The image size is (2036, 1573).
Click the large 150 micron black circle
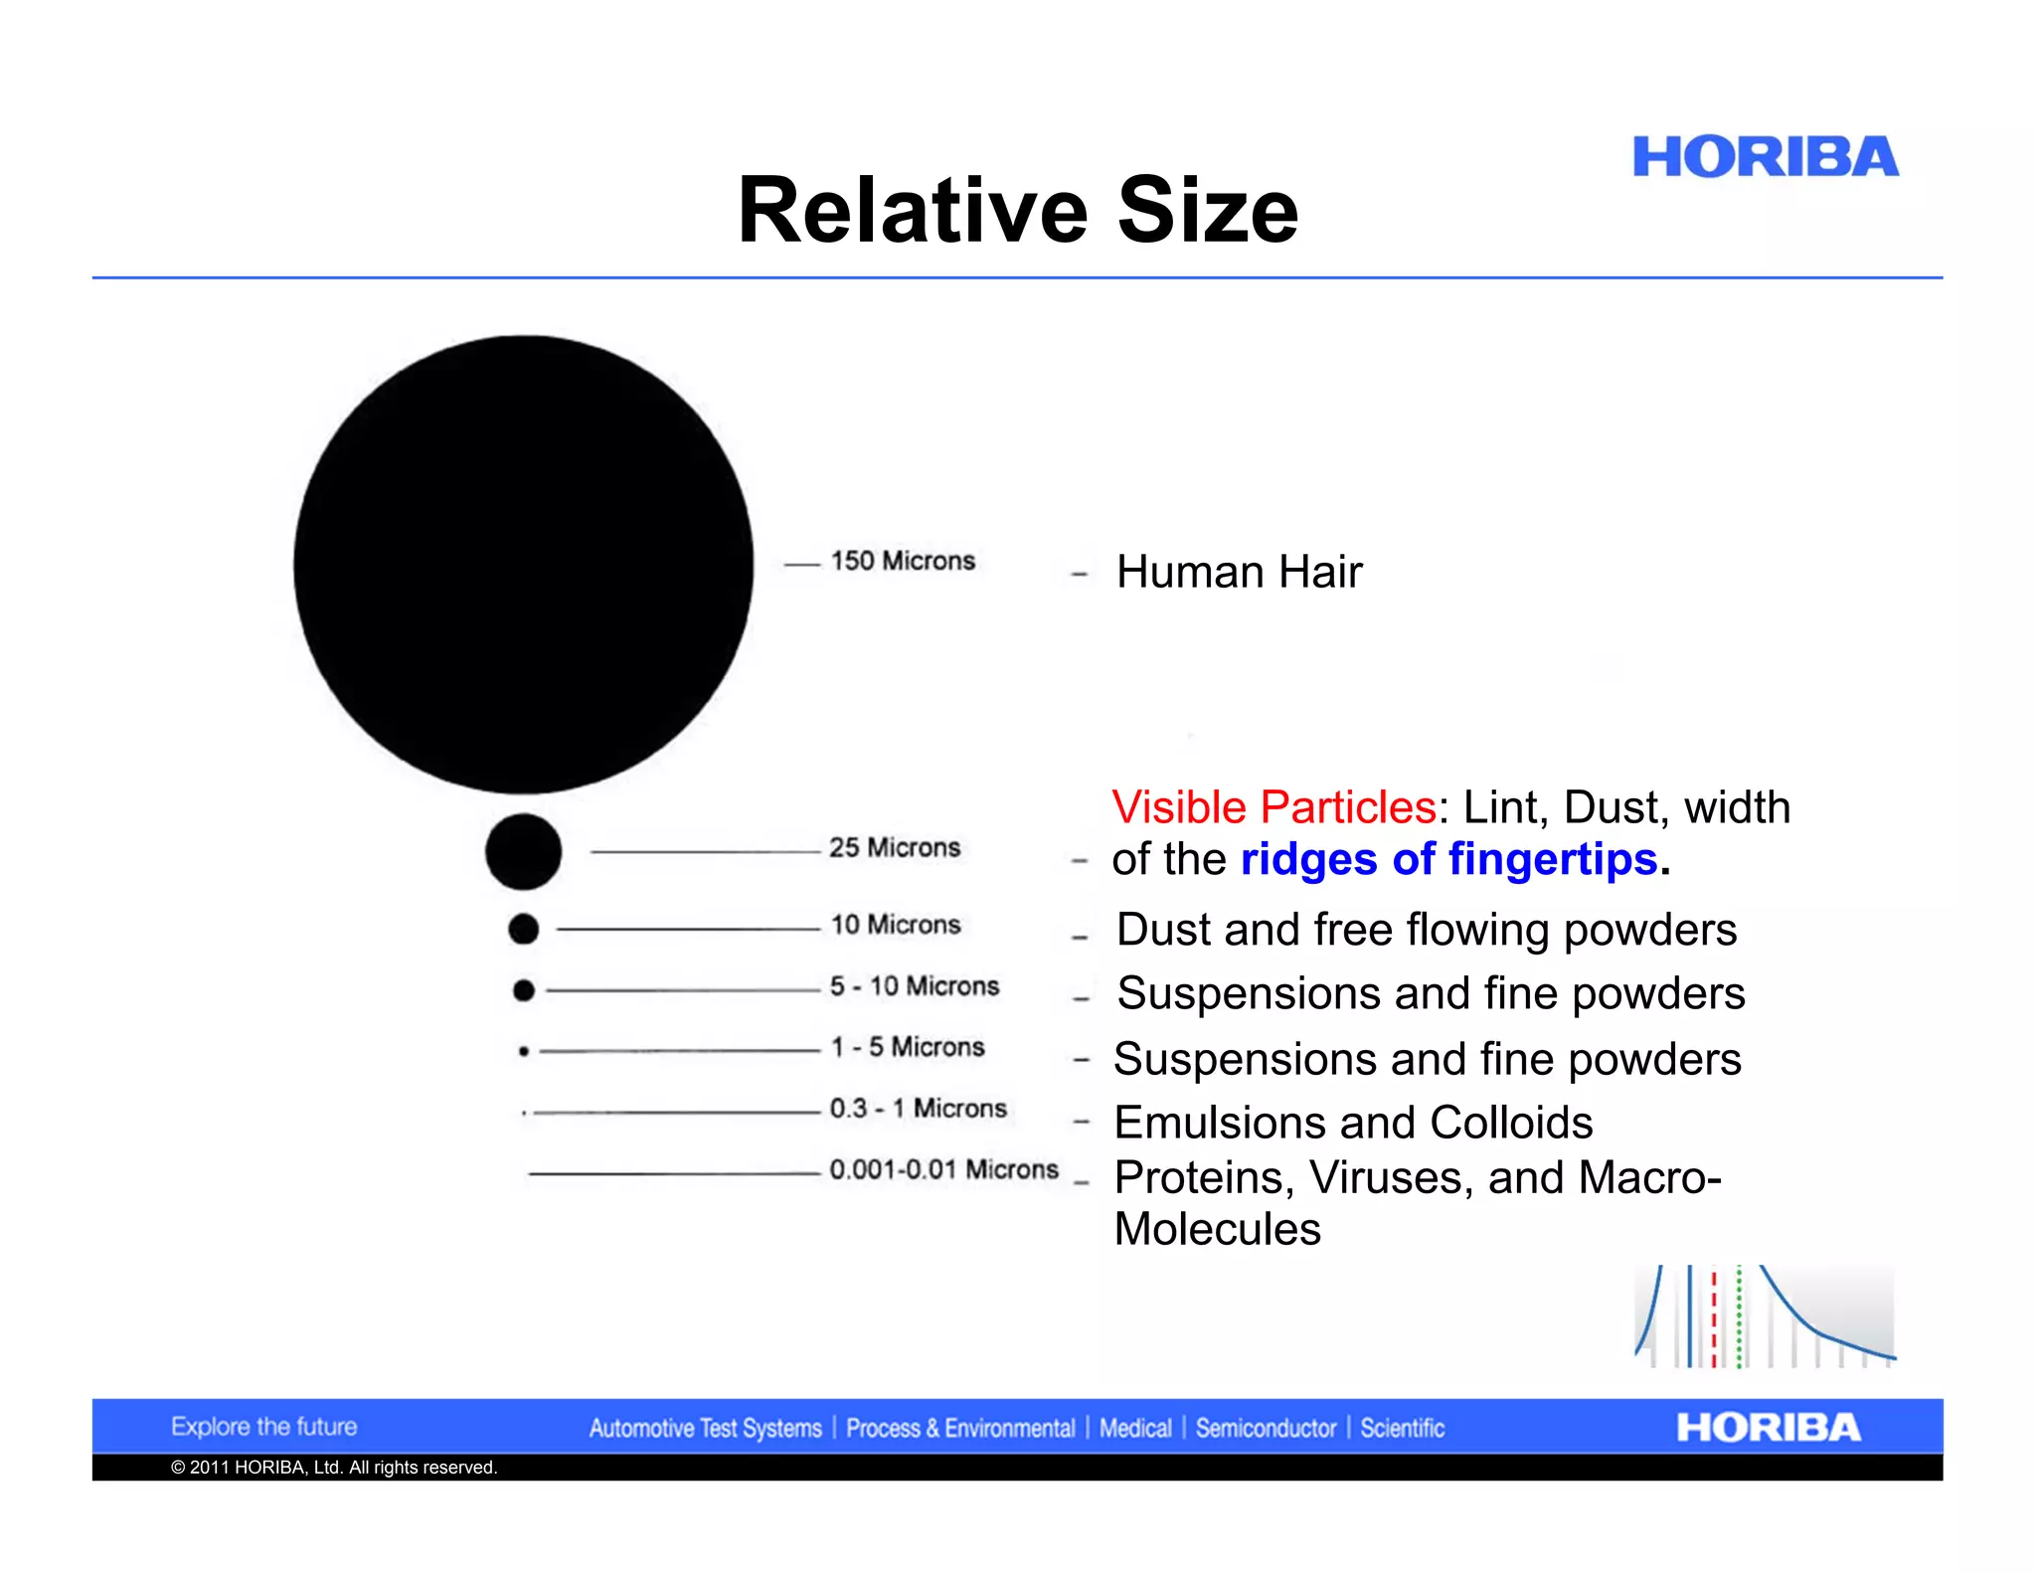pyautogui.click(x=524, y=564)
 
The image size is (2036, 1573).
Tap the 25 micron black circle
pyautogui.click(x=523, y=851)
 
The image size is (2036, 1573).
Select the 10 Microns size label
pyautogui.click(x=896, y=925)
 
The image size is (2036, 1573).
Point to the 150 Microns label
pyautogui.click(x=903, y=561)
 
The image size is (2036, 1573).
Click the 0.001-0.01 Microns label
pyautogui.click(x=943, y=1169)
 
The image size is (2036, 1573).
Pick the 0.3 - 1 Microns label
pyautogui.click(x=918, y=1108)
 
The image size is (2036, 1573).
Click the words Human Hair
pyautogui.click(x=1239, y=572)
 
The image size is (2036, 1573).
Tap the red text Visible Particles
pyautogui.click(x=1273, y=807)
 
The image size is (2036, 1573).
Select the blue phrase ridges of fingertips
pyautogui.click(x=1448, y=859)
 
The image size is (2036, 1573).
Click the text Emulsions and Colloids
pyautogui.click(x=1353, y=1123)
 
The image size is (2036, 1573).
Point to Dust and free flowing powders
pyautogui.click(x=1427, y=930)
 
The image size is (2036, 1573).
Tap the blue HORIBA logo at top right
pyautogui.click(x=1765, y=158)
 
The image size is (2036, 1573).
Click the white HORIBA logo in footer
pyautogui.click(x=1768, y=1428)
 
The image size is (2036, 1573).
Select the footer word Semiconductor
pyautogui.click(x=1266, y=1429)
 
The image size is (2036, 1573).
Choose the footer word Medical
pyautogui.click(x=1135, y=1429)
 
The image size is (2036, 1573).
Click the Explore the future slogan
pyautogui.click(x=263, y=1427)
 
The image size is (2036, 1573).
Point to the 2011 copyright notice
pyautogui.click(x=334, y=1468)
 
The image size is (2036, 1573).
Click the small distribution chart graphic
pyautogui.click(x=1765, y=1316)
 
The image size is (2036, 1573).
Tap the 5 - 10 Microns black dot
pyautogui.click(x=524, y=990)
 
